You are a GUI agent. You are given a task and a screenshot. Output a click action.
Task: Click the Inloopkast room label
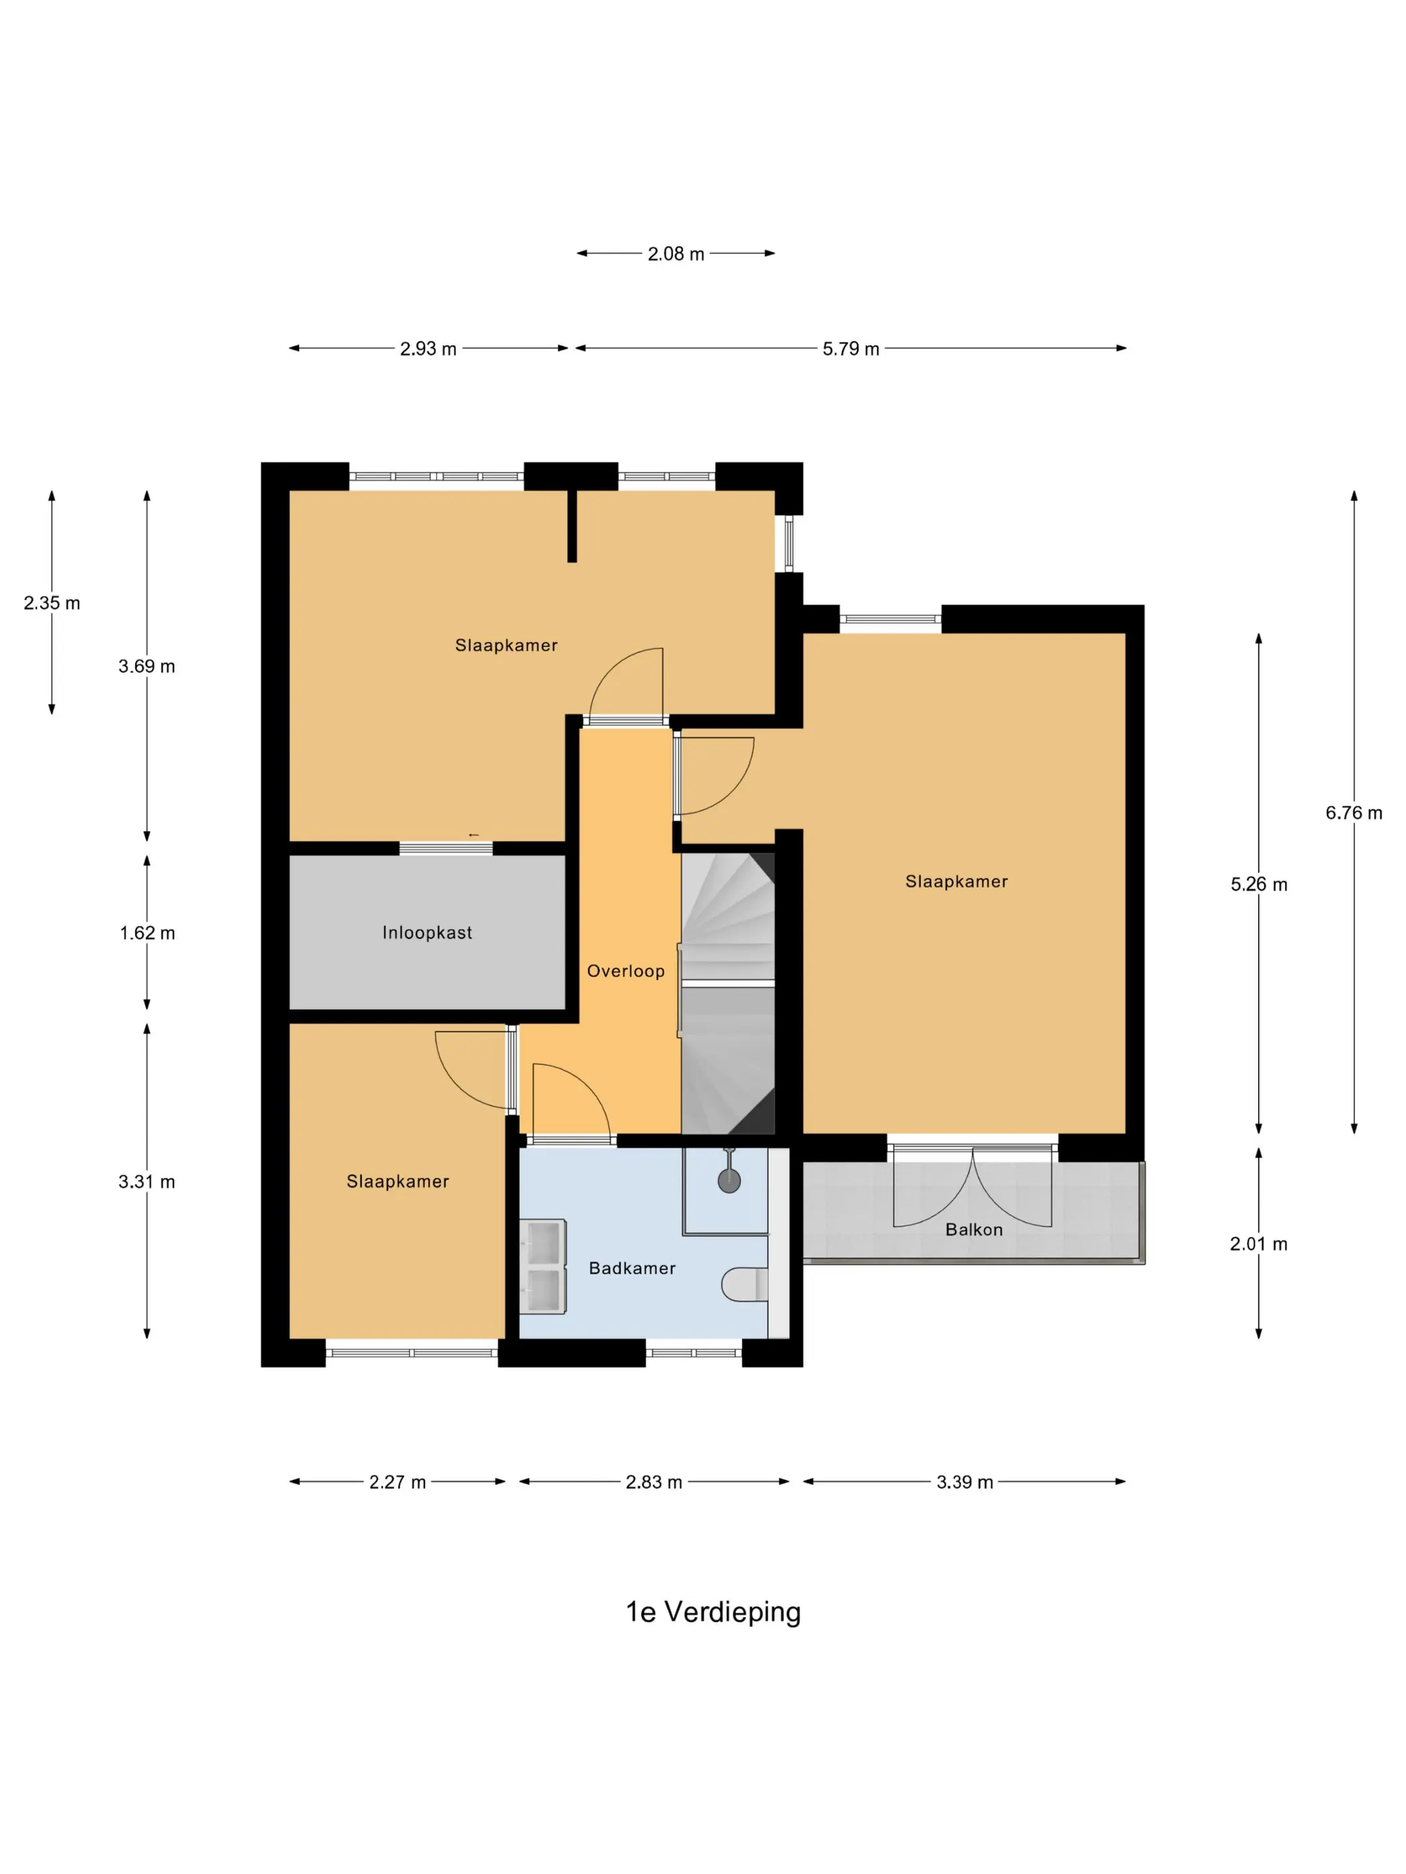(x=426, y=933)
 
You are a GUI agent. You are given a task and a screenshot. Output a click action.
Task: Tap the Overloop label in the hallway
(x=625, y=971)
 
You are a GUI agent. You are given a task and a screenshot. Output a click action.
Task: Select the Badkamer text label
(x=632, y=1268)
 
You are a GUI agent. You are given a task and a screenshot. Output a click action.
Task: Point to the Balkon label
(x=973, y=1229)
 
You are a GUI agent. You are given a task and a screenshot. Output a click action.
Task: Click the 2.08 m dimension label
(x=676, y=254)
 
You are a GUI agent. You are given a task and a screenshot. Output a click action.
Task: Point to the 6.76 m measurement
(x=1354, y=813)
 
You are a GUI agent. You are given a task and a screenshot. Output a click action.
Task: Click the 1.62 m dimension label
(x=147, y=933)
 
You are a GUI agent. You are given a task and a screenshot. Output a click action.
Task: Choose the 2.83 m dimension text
(x=653, y=1482)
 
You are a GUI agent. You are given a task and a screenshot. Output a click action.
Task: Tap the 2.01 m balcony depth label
(x=1259, y=1244)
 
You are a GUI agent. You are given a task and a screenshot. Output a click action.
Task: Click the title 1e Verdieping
(x=713, y=1612)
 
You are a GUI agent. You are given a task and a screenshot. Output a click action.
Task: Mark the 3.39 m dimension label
(x=965, y=1482)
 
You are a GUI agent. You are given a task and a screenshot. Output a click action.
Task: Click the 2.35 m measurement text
(x=52, y=603)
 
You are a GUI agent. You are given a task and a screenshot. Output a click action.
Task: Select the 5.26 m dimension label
(x=1259, y=885)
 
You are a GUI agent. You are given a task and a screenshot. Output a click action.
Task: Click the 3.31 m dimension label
(x=147, y=1182)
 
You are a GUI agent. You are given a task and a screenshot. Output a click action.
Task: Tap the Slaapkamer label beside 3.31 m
(x=398, y=1182)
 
